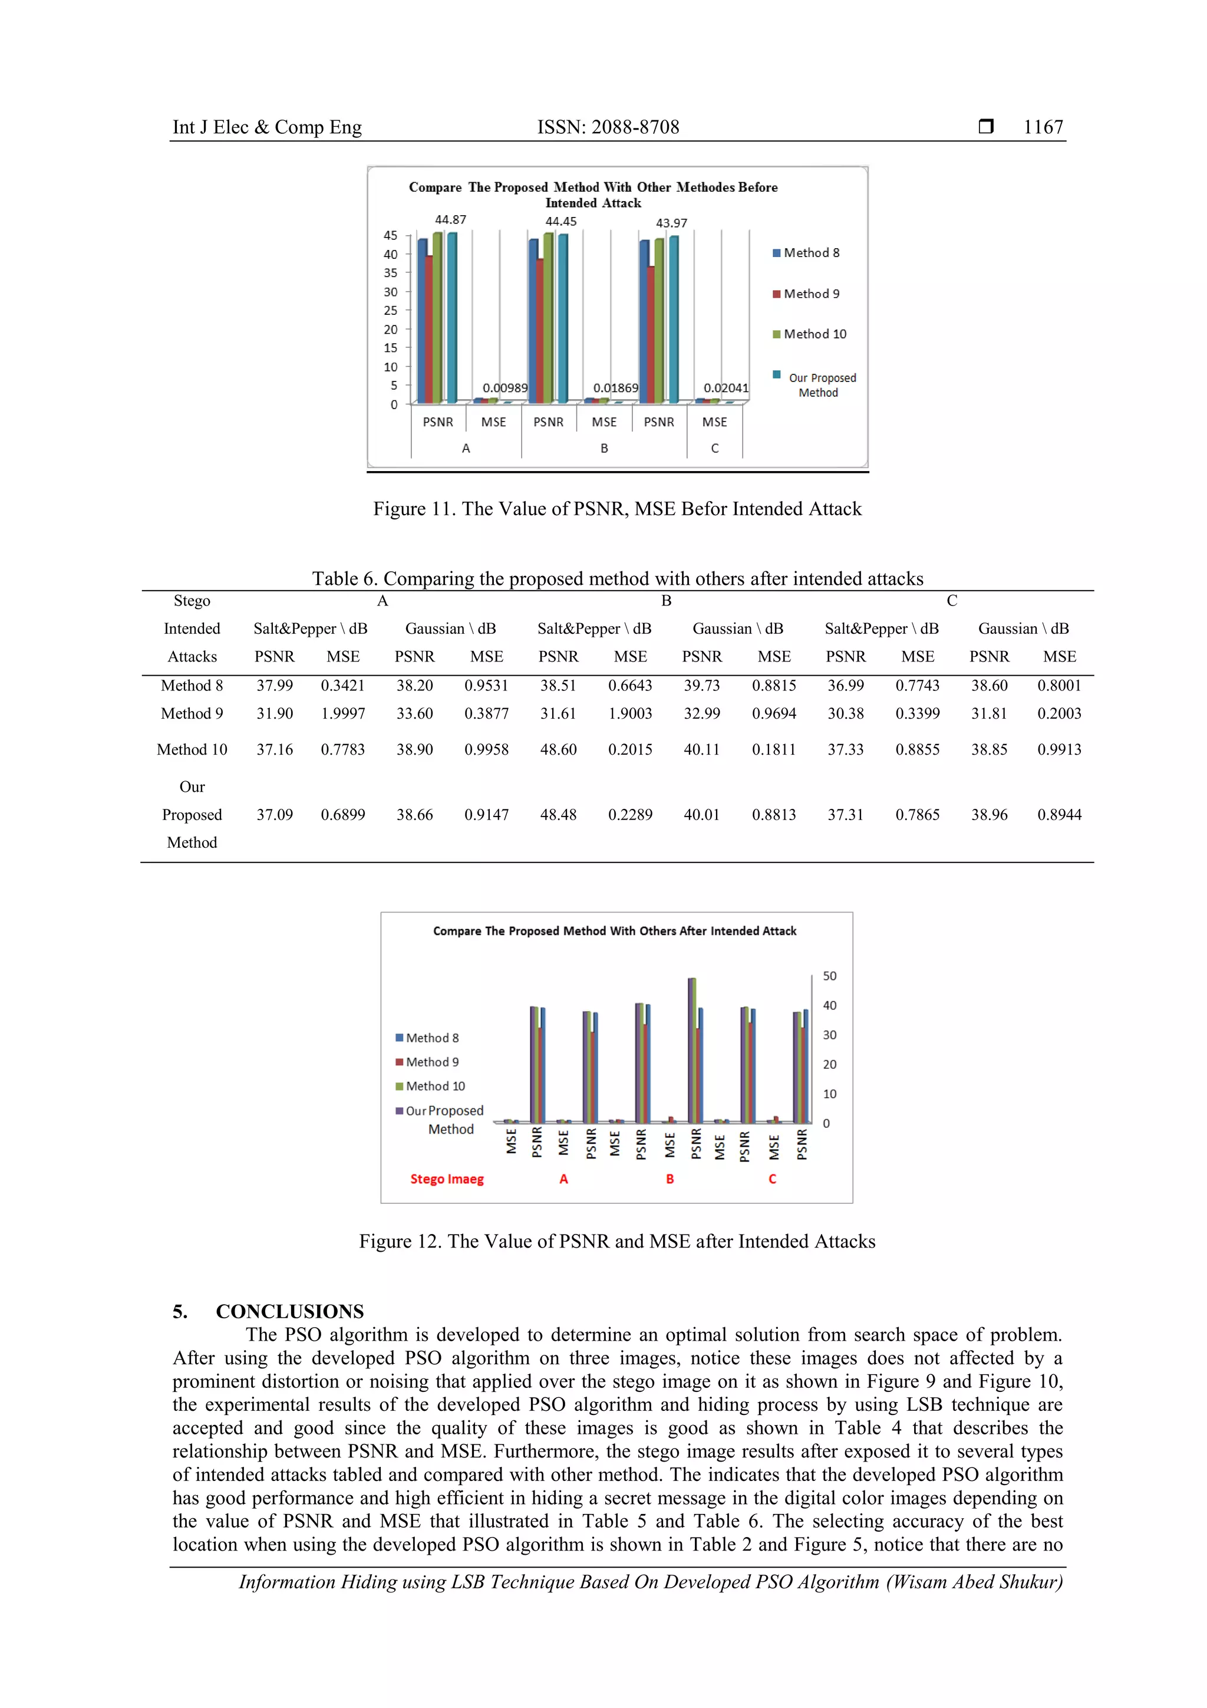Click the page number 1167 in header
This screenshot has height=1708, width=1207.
point(1043,127)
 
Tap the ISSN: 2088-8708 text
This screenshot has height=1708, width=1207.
point(608,127)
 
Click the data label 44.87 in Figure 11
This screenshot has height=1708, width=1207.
point(451,219)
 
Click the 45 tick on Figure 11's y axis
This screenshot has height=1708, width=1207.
point(390,235)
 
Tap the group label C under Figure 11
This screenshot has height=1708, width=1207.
point(715,448)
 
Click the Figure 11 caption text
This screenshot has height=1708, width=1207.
point(617,509)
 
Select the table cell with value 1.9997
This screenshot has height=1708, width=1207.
point(343,713)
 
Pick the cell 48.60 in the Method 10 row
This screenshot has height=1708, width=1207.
point(559,749)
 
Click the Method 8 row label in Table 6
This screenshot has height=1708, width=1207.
point(192,685)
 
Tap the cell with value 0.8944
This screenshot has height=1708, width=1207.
point(1059,815)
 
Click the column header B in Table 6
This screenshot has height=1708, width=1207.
point(667,600)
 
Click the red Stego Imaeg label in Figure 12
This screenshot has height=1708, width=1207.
point(447,1179)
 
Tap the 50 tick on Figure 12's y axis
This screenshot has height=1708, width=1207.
point(829,976)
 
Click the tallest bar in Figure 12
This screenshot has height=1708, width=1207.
point(693,1049)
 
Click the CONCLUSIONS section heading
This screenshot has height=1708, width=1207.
point(289,1311)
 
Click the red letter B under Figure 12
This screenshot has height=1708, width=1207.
point(670,1179)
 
